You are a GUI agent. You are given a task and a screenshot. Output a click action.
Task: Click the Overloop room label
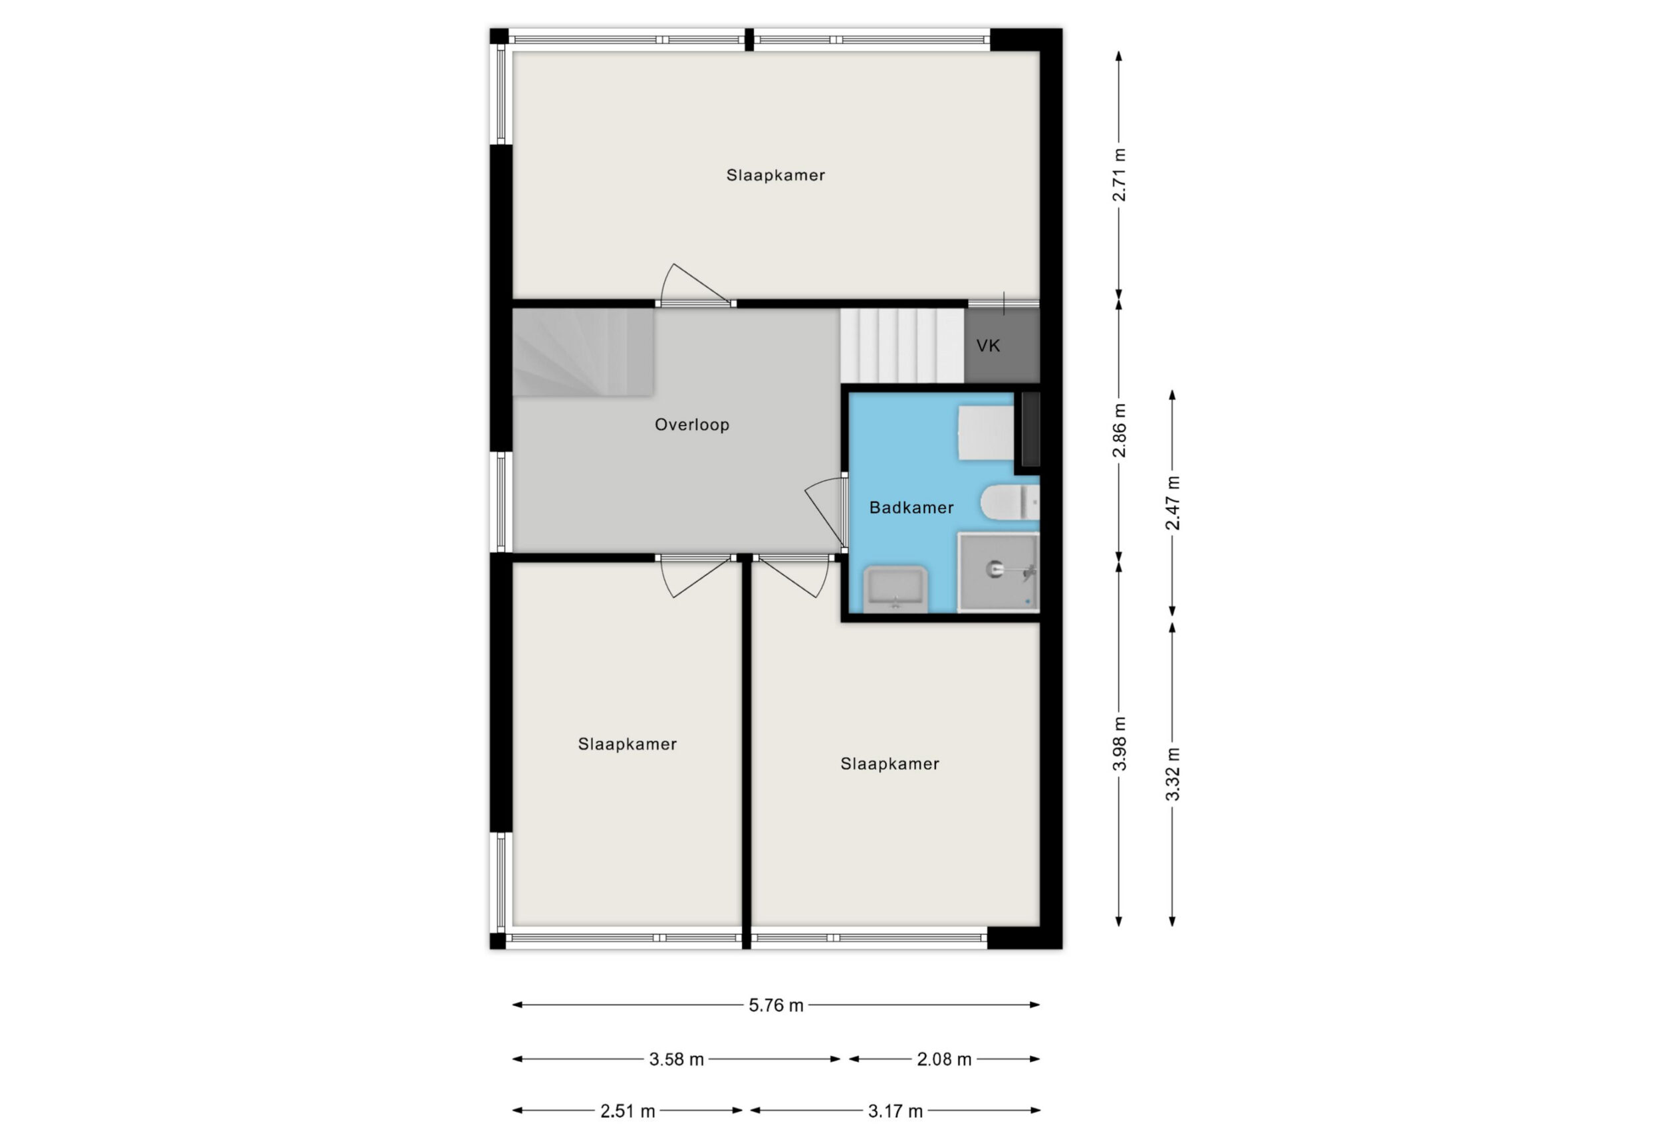point(691,425)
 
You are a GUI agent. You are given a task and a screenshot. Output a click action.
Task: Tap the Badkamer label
point(911,508)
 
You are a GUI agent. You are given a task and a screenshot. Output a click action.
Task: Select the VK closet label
point(988,346)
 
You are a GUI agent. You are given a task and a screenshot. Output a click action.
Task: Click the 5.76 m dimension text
point(776,1005)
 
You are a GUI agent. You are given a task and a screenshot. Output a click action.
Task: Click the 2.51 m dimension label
point(627,1111)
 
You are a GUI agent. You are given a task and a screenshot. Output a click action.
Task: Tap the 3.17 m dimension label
point(895,1111)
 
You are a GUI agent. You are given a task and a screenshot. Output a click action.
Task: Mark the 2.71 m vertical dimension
point(1120,175)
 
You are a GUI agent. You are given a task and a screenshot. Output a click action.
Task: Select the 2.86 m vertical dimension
point(1120,431)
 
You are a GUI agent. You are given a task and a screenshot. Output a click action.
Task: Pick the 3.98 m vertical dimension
point(1120,744)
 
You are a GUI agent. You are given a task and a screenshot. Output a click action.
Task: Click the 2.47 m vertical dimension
point(1173,503)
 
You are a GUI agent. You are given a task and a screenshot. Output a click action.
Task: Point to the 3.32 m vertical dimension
point(1173,774)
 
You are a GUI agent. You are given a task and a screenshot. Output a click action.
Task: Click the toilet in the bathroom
point(1009,502)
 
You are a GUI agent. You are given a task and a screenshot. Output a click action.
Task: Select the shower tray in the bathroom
point(999,572)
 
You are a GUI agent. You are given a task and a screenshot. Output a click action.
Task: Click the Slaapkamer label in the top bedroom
point(775,175)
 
